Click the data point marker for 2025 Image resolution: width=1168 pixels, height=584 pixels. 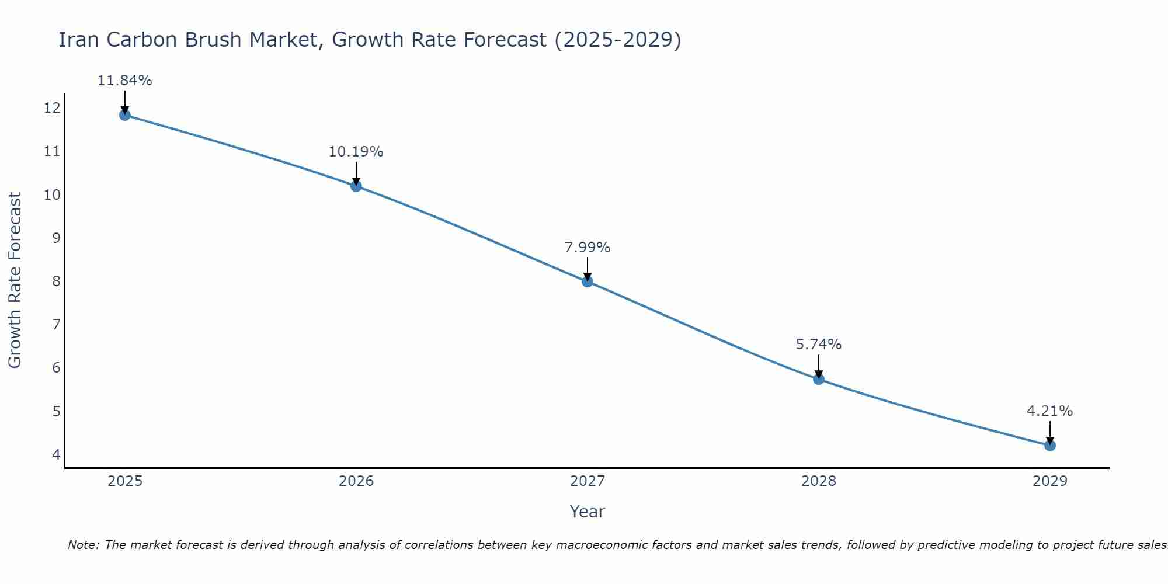point(124,115)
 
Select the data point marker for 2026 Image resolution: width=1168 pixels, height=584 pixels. point(356,186)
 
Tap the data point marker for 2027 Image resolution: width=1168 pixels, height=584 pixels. point(588,281)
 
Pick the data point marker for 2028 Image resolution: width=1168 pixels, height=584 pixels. point(819,379)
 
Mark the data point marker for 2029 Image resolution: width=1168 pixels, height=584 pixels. point(1050,446)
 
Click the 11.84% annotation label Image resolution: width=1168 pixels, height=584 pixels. point(124,81)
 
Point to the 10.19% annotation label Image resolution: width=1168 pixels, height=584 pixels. point(356,152)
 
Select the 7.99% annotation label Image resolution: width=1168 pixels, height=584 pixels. point(588,248)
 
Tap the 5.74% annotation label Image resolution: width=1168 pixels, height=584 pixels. point(819,345)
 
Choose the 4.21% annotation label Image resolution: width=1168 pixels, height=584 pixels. point(1050,411)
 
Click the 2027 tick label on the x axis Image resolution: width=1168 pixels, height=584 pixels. point(588,481)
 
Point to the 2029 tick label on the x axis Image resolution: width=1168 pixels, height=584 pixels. point(1050,481)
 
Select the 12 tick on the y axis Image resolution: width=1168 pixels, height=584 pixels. point(52,107)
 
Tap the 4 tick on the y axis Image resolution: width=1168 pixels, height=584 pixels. point(56,454)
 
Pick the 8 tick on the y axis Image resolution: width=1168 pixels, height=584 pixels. point(56,281)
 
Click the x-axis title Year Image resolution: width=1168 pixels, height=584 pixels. point(588,512)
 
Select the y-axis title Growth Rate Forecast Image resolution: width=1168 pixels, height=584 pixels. point(15,280)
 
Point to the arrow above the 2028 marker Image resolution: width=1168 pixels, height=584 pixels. point(819,366)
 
